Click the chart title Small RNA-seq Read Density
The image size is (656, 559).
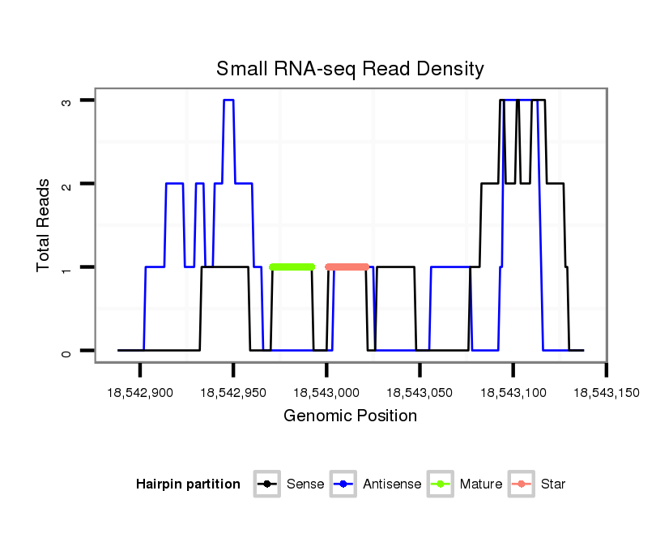coord(350,69)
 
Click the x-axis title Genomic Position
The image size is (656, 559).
coord(350,416)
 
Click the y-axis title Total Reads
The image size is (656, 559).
coord(45,224)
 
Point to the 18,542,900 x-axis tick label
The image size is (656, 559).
coord(139,393)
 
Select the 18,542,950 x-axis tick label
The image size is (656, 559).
coord(233,393)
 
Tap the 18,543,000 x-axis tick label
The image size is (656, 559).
coord(326,393)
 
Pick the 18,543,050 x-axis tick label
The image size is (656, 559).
coord(420,393)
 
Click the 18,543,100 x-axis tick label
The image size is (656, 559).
coord(513,393)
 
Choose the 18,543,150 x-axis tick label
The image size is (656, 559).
coord(606,393)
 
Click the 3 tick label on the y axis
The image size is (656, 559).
coord(67,100)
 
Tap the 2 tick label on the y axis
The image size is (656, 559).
coord(67,184)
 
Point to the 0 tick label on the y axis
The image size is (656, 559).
coord(67,351)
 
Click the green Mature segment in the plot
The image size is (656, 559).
coord(292,267)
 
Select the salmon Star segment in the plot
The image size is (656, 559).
coord(347,267)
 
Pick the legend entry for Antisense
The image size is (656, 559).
coord(377,484)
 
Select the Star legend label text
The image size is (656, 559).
coord(553,484)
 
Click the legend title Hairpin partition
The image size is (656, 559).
coord(188,484)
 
